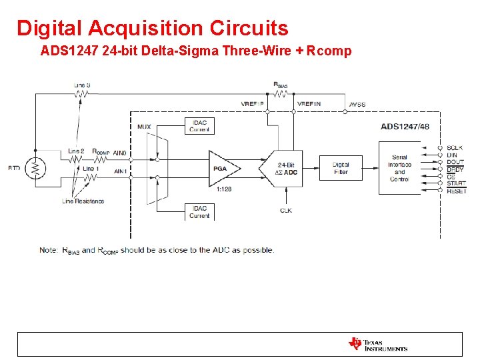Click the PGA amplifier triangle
pyautogui.click(x=223, y=169)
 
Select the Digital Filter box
pyautogui.click(x=341, y=169)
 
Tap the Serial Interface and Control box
pyautogui.click(x=400, y=169)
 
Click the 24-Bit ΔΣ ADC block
pyautogui.click(x=283, y=169)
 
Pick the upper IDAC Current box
pyautogui.click(x=199, y=125)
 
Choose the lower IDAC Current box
pyautogui.click(x=199, y=212)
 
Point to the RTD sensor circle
pyautogui.click(x=35, y=169)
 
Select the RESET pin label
pyautogui.click(x=457, y=191)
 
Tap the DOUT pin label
pyautogui.click(x=456, y=163)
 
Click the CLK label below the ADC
pyautogui.click(x=286, y=211)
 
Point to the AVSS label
pyautogui.click(x=357, y=105)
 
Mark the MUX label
pyautogui.click(x=144, y=126)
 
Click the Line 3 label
pyautogui.click(x=82, y=85)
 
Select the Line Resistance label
pyautogui.click(x=83, y=201)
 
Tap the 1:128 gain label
pyautogui.click(x=224, y=190)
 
